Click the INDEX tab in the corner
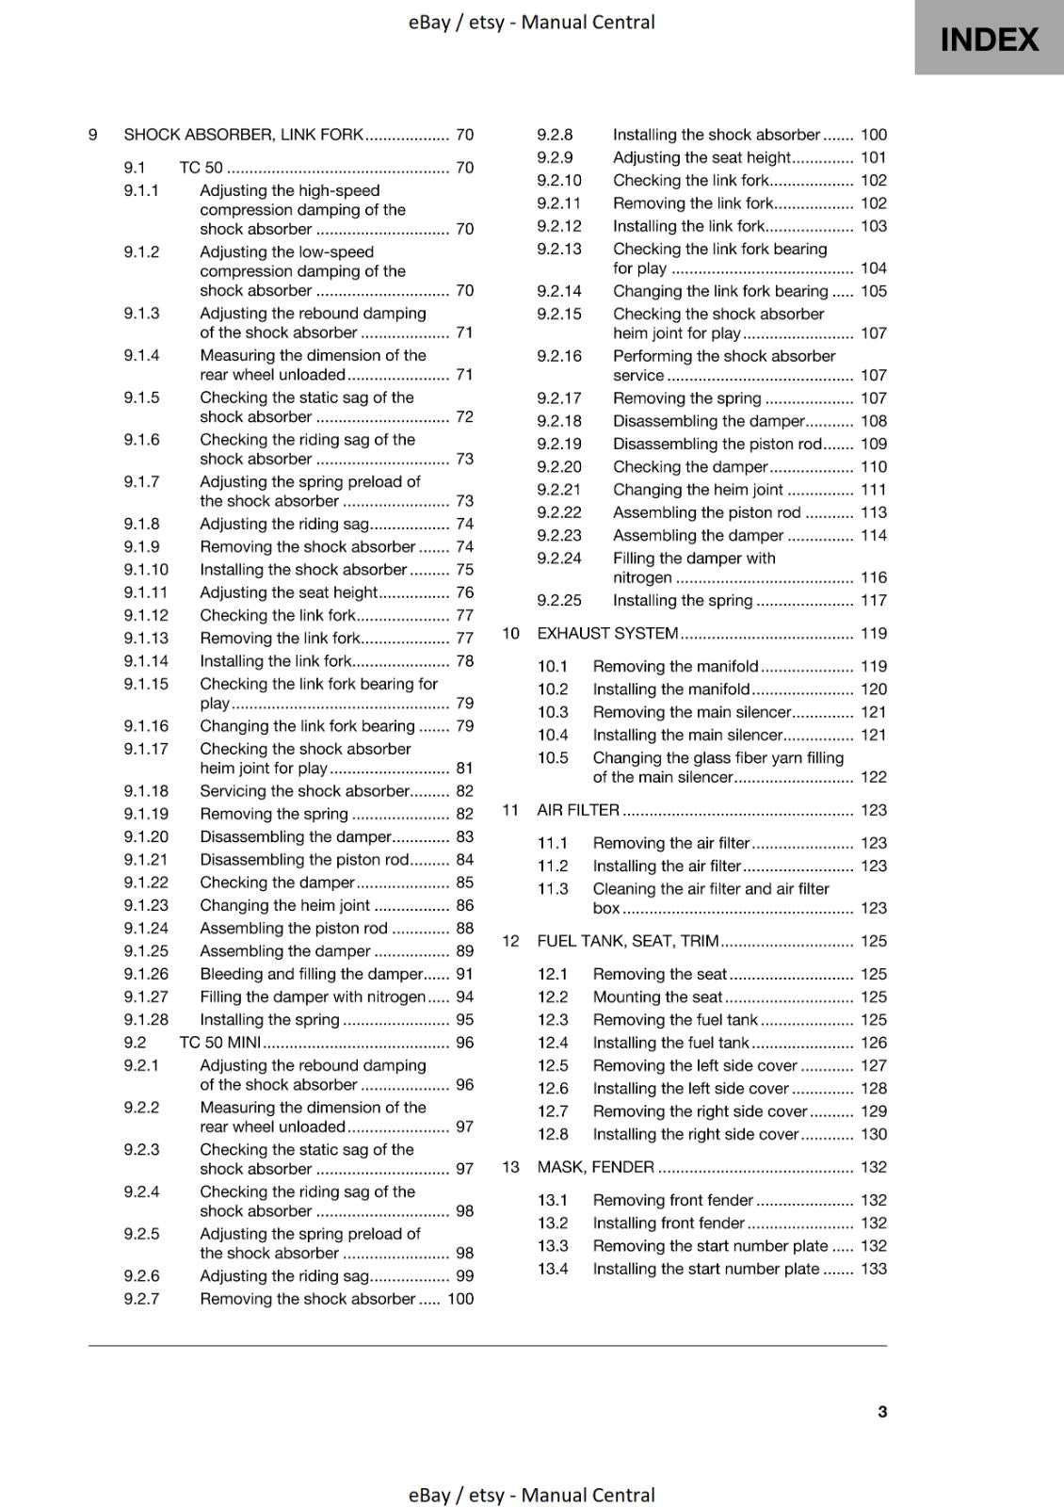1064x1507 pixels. (x=989, y=39)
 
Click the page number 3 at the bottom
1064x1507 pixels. (x=881, y=1411)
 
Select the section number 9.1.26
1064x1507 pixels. (x=146, y=974)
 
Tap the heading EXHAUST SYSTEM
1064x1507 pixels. (x=607, y=633)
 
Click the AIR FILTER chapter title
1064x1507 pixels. (x=578, y=810)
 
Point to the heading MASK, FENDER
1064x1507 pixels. (x=595, y=1167)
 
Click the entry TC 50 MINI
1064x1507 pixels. (x=219, y=1043)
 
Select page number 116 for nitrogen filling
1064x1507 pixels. (x=873, y=577)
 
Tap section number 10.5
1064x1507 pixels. (x=553, y=758)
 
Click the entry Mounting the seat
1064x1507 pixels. (x=657, y=997)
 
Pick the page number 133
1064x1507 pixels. (x=873, y=1269)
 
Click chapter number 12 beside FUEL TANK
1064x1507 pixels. (x=510, y=941)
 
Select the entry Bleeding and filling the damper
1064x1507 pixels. (x=311, y=974)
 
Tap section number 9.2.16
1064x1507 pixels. (x=559, y=356)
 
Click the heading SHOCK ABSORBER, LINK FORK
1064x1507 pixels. (x=243, y=135)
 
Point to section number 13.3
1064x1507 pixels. (x=553, y=1246)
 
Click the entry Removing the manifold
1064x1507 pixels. (x=675, y=666)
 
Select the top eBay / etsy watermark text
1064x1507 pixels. (x=531, y=22)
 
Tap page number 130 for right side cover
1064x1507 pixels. (x=873, y=1134)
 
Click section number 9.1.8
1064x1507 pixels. (x=141, y=524)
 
